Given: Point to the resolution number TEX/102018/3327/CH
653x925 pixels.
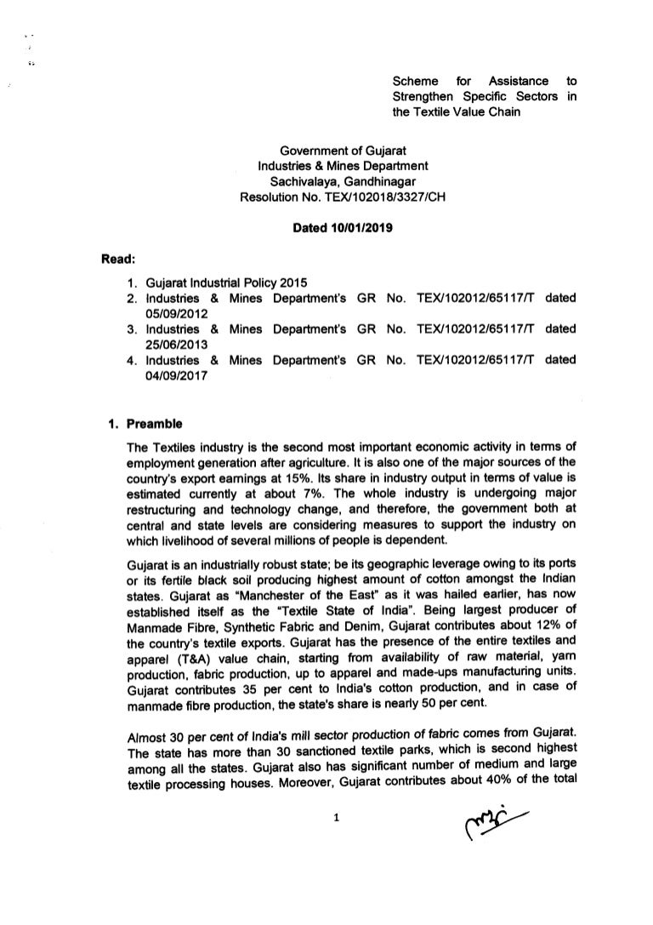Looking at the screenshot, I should [x=382, y=196].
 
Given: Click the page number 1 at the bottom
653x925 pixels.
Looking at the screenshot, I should [x=338, y=820].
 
